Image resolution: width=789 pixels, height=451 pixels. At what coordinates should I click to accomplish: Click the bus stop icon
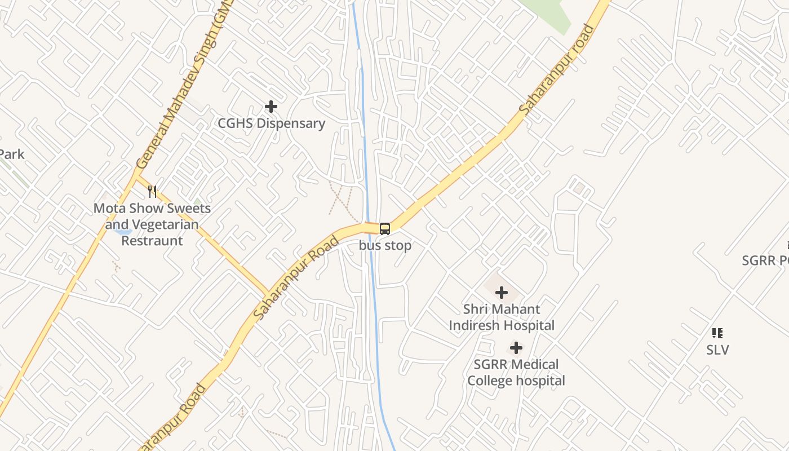pos(385,229)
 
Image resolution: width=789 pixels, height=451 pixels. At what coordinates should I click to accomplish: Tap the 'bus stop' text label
pos(385,246)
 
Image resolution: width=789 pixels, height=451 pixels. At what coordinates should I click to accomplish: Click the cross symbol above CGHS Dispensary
pos(271,106)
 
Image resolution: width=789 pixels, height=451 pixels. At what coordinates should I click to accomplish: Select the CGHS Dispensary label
pos(272,123)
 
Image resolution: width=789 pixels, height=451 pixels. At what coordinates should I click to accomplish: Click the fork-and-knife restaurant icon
pos(152,192)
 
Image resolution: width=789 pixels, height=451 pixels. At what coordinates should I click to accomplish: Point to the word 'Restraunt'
pos(152,241)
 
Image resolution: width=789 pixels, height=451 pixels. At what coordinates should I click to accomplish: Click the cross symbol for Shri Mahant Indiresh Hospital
pos(501,293)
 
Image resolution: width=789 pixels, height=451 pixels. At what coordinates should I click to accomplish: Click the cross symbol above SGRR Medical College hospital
pos(516,348)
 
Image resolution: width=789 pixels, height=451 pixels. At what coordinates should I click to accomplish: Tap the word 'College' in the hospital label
pos(491,381)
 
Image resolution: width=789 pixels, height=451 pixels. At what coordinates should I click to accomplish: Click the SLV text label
pos(717,350)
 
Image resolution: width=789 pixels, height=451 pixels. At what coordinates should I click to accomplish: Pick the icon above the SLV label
pos(717,333)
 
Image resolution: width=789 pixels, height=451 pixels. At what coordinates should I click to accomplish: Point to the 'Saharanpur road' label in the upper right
pos(558,70)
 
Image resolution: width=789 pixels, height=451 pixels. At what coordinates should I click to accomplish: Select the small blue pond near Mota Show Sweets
pos(122,231)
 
